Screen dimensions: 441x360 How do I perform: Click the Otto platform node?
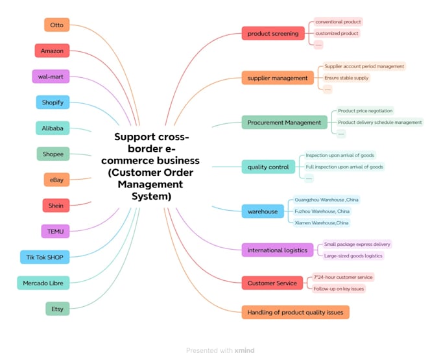click(57, 25)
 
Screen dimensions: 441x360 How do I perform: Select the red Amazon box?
click(52, 51)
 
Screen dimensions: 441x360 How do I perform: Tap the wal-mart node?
click(51, 77)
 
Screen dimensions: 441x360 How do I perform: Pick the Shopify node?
click(53, 102)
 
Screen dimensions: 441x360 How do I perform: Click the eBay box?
click(56, 180)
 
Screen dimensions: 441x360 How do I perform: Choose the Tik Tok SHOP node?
click(45, 257)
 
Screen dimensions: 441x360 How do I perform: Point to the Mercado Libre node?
click(43, 283)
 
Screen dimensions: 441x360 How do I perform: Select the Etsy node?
click(57, 309)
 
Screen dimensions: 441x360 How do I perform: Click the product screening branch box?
click(273, 34)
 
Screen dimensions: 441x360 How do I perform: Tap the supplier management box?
click(278, 78)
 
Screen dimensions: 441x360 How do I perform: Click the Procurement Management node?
click(284, 123)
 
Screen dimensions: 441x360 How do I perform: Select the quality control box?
click(268, 167)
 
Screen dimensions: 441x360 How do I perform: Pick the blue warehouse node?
click(263, 211)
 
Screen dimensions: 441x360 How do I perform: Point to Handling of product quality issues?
click(295, 312)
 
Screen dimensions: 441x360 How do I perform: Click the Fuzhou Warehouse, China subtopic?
click(322, 211)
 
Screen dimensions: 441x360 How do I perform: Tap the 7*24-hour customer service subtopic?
click(343, 278)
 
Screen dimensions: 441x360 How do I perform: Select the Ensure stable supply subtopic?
click(346, 78)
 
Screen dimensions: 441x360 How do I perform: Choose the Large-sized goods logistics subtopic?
click(353, 256)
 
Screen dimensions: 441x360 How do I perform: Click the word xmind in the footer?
click(244, 350)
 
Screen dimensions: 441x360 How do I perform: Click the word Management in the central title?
click(150, 184)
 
